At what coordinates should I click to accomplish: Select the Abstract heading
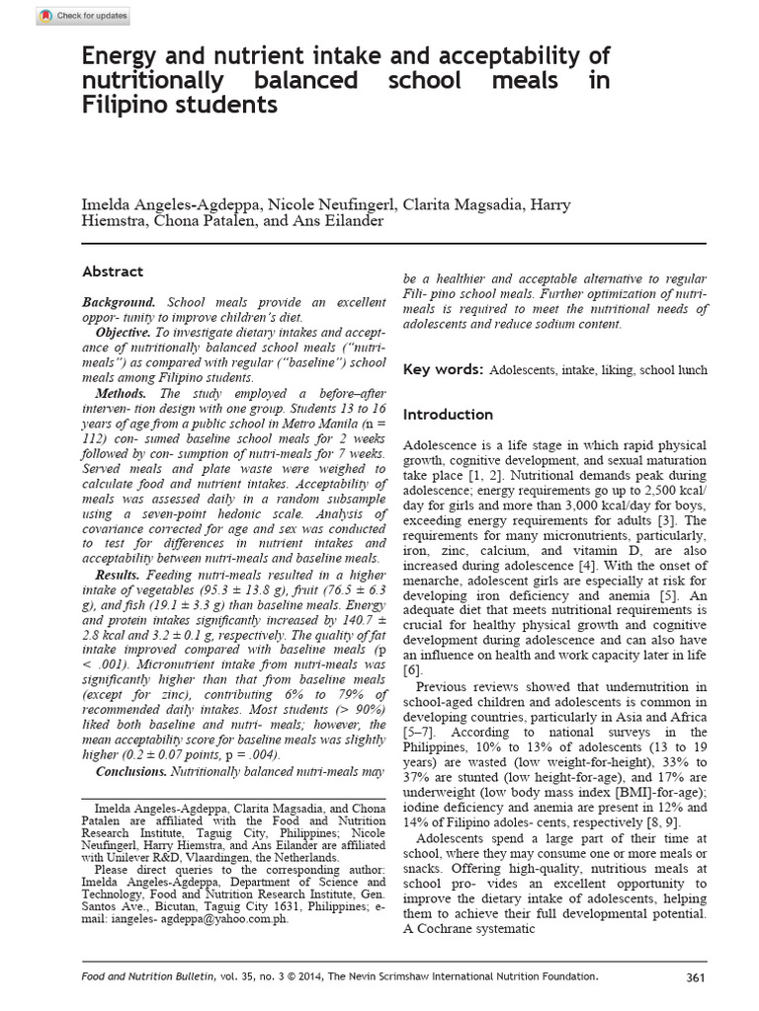coord(112,272)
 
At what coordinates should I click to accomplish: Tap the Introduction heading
coord(448,414)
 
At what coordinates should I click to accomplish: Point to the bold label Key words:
coord(442,369)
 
